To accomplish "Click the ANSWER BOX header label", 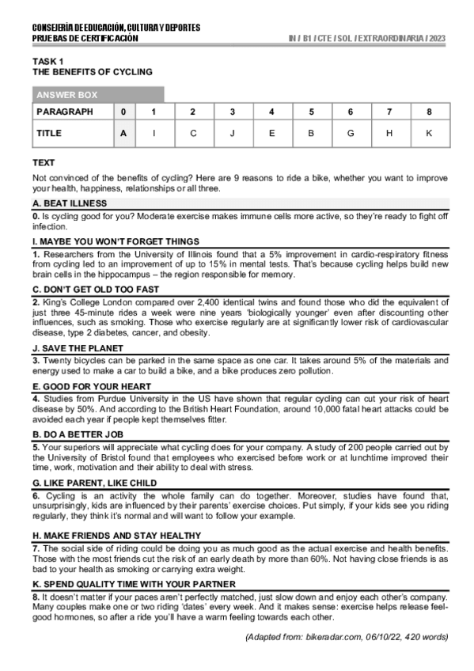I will coord(66,95).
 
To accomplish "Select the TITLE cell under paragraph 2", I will coord(192,134).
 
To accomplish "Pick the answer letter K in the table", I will coord(429,134).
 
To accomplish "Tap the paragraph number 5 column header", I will coord(311,112).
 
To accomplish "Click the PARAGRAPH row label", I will coord(65,112).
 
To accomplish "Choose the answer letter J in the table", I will coord(232,134).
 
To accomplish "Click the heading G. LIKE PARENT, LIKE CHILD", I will coord(94,483).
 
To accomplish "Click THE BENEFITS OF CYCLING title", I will coord(92,72).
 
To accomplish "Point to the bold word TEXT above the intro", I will coord(44,162).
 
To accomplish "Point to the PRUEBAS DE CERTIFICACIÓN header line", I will coord(85,38).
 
